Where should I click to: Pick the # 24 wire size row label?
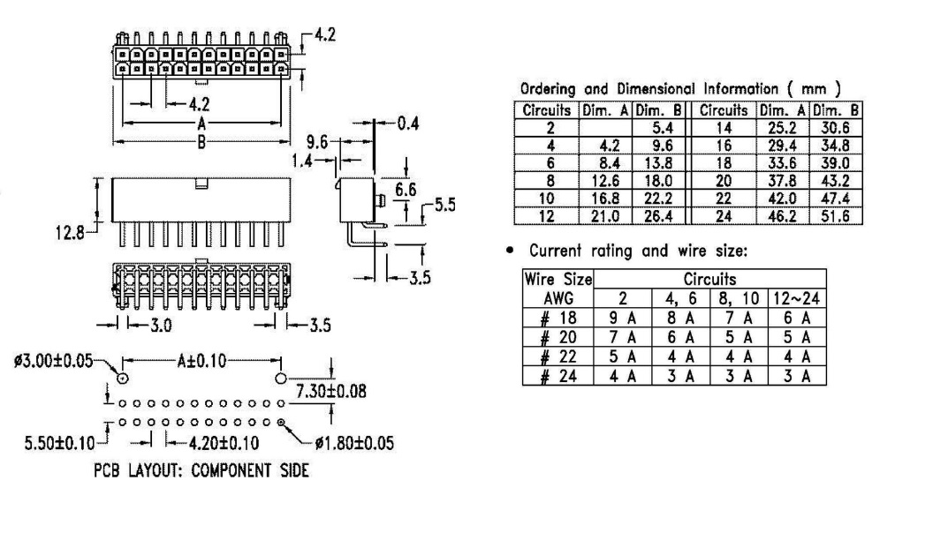[549, 376]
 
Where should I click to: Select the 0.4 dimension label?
[407, 124]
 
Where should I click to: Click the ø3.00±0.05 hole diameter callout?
[53, 361]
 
